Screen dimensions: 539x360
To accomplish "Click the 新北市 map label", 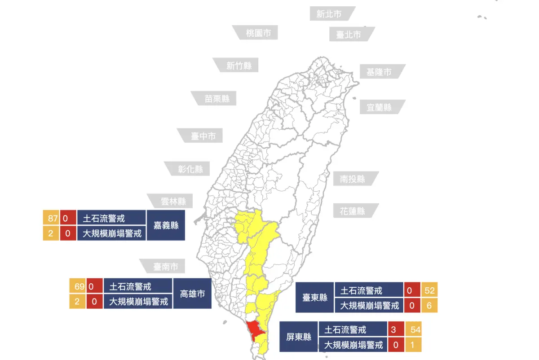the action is [329, 14].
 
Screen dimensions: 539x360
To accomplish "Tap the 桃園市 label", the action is [258, 33].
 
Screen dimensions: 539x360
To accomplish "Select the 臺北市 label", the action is [349, 34].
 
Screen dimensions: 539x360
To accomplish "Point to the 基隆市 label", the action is [379, 72].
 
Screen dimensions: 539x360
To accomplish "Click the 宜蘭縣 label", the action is [379, 107].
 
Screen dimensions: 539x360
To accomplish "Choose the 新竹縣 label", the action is [239, 66].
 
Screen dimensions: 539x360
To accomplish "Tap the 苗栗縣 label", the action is [217, 98].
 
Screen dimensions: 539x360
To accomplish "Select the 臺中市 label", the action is [203, 136].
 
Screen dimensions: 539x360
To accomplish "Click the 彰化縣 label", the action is [190, 169].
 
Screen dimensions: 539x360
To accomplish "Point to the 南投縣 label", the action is [353, 179].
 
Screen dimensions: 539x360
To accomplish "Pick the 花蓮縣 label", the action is [353, 211].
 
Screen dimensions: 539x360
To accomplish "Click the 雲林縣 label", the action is [173, 202].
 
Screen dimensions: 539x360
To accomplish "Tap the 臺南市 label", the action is [166, 267].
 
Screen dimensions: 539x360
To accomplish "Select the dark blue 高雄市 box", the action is [192, 294].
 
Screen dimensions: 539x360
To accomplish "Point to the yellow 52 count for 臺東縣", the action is [429, 290].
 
